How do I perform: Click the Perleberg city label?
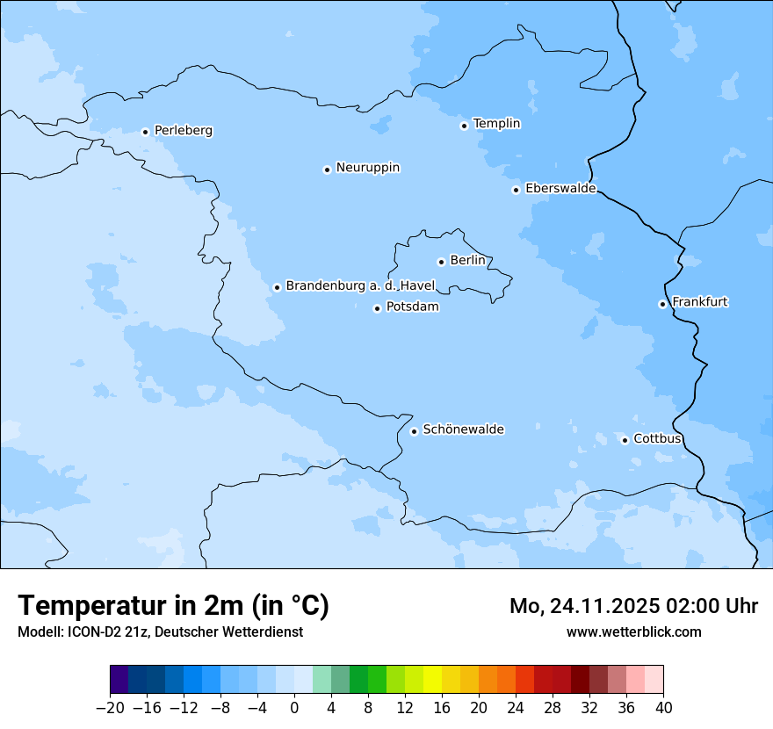(x=183, y=131)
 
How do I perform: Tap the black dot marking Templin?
(x=464, y=126)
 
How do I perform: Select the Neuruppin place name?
(x=367, y=168)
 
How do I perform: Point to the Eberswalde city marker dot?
(x=516, y=190)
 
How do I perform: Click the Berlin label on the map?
(x=467, y=261)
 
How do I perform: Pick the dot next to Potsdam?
(x=377, y=308)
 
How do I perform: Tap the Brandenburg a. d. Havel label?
(x=360, y=286)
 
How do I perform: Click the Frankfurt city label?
(x=699, y=302)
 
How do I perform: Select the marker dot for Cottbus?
(x=625, y=440)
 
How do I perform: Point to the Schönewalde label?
(x=463, y=429)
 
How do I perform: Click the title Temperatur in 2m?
(x=173, y=606)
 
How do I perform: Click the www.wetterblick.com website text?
(x=633, y=632)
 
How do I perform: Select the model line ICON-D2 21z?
(x=160, y=632)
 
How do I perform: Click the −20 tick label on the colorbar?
(x=110, y=708)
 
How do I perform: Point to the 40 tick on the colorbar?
(x=663, y=708)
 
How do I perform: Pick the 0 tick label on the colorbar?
(x=294, y=708)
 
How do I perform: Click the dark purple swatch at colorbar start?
(x=119, y=680)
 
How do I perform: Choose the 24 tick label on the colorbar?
(x=516, y=708)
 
